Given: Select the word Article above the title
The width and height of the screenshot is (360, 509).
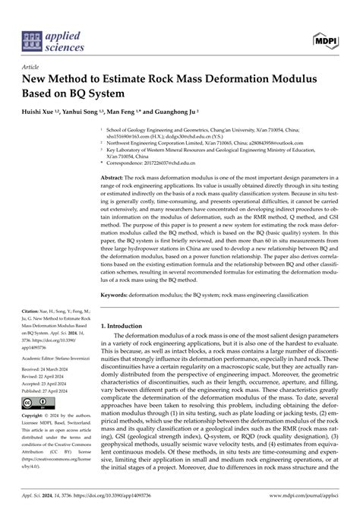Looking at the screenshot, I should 30,67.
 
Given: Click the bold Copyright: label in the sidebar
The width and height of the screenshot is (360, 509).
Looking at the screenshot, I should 36,416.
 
